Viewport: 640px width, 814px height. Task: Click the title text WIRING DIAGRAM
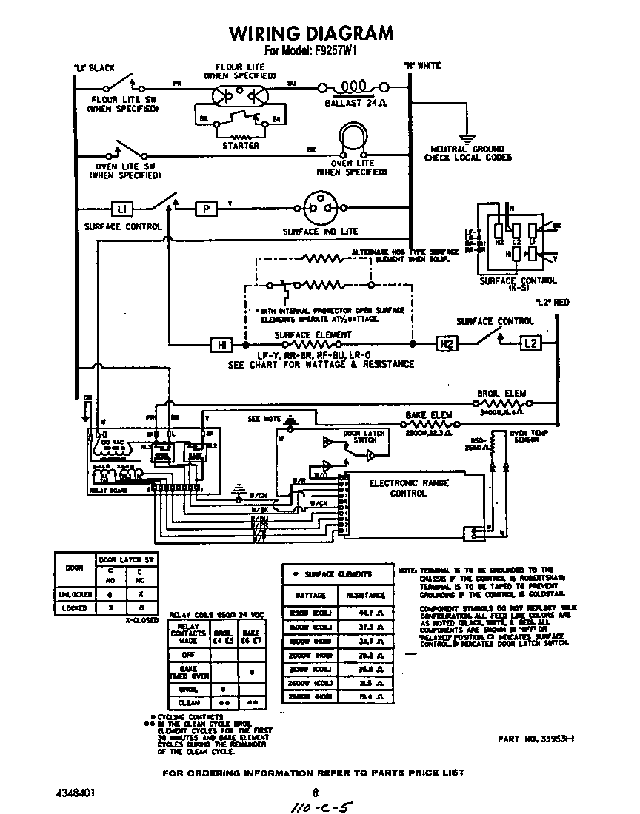(311, 33)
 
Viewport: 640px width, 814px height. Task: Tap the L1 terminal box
(121, 209)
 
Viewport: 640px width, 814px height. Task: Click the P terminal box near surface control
(206, 209)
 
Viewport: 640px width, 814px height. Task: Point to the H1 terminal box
(222, 344)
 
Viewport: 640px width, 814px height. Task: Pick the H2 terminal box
(446, 344)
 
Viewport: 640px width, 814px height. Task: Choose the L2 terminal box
(530, 344)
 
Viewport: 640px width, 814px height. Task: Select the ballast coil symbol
(354, 87)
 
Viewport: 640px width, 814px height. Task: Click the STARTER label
(241, 146)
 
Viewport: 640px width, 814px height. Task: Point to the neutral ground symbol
(465, 138)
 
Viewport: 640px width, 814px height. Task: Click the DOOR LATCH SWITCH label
(360, 437)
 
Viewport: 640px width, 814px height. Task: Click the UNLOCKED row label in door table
(75, 594)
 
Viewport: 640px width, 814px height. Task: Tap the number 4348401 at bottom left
(75, 792)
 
